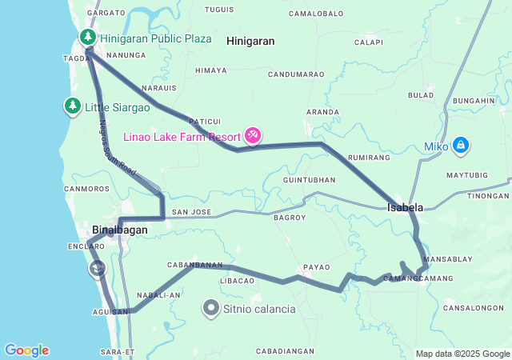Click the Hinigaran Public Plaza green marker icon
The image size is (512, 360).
[87, 38]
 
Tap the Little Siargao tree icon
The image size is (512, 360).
[72, 106]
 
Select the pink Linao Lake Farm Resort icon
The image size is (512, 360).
[253, 135]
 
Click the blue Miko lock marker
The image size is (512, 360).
[460, 145]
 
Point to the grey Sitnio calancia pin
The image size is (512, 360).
[211, 308]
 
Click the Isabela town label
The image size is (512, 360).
[405, 207]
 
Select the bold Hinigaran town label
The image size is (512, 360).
[250, 40]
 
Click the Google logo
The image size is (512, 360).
[26, 350]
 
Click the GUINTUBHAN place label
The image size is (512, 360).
[309, 180]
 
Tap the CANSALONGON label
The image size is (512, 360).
[473, 308]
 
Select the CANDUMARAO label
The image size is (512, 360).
[296, 74]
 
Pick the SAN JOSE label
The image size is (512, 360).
[190, 212]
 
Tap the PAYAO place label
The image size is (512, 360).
[316, 267]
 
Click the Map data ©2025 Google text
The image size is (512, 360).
[462, 354]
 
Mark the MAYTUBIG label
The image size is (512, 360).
[466, 174]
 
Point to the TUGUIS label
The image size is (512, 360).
[218, 10]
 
